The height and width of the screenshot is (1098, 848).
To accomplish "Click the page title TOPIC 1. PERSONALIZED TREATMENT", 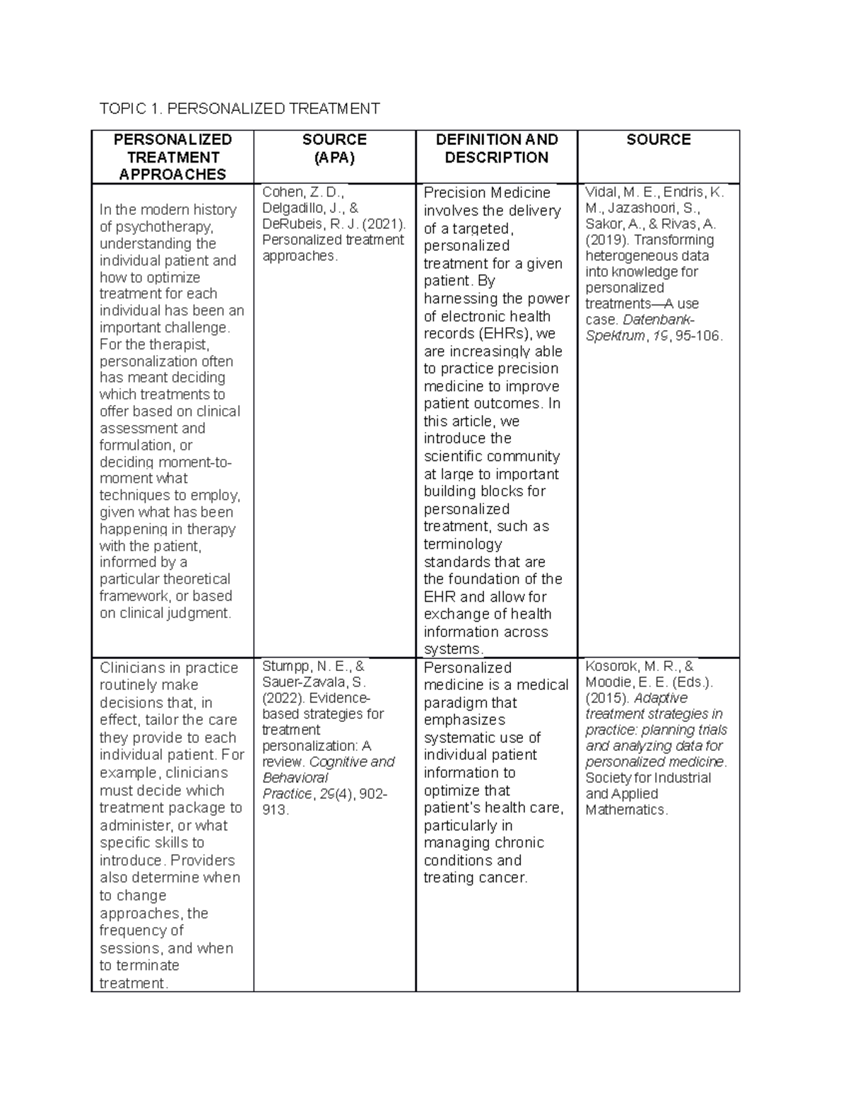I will pyautogui.click(x=240, y=108).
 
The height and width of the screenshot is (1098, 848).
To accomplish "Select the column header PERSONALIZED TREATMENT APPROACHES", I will pyautogui.click(x=172, y=157).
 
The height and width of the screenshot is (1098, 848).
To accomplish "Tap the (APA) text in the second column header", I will pyautogui.click(x=334, y=158).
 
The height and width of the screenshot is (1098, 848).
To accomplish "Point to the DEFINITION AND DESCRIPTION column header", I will pyautogui.click(x=496, y=148).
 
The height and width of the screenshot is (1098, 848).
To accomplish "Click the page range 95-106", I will pyautogui.click(x=699, y=336).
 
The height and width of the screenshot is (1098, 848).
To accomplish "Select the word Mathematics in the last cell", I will pyautogui.click(x=625, y=810).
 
